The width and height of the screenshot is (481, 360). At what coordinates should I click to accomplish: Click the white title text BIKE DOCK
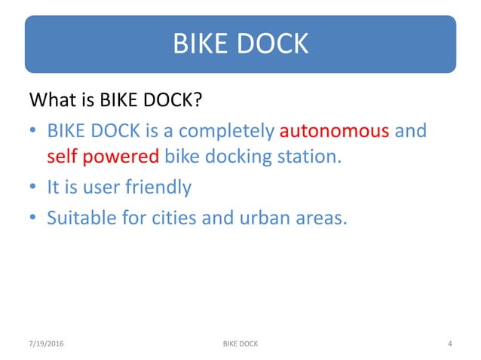point(240,44)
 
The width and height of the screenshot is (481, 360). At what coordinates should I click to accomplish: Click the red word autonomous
point(335,131)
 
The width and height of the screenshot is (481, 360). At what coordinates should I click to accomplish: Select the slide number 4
point(449,344)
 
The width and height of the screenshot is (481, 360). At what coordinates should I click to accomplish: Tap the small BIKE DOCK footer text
point(240,344)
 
